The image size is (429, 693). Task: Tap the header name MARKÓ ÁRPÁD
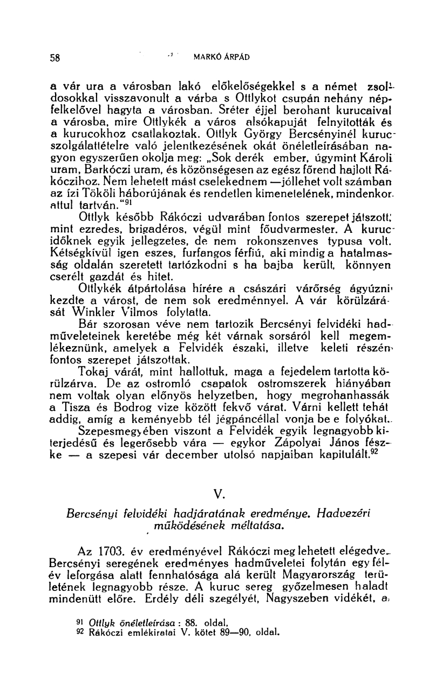(x=221, y=56)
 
